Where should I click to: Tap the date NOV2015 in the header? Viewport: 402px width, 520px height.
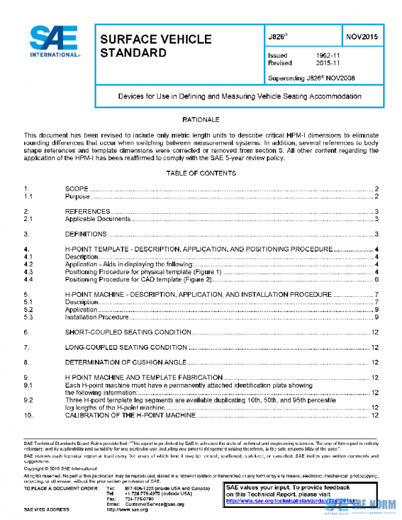tap(362, 37)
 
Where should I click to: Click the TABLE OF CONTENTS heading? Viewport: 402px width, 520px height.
tap(201, 174)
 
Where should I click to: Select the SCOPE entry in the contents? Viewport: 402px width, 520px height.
tap(76, 190)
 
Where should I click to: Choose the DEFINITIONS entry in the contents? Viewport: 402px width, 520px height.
tap(86, 234)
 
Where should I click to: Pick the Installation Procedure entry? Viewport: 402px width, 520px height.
tap(96, 317)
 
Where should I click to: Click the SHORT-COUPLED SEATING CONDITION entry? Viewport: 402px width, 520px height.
tap(128, 332)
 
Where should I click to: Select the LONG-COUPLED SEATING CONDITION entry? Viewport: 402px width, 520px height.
tap(126, 347)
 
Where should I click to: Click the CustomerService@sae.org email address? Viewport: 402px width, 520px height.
tap(154, 503)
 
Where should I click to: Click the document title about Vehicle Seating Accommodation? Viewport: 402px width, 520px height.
tap(231, 96)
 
